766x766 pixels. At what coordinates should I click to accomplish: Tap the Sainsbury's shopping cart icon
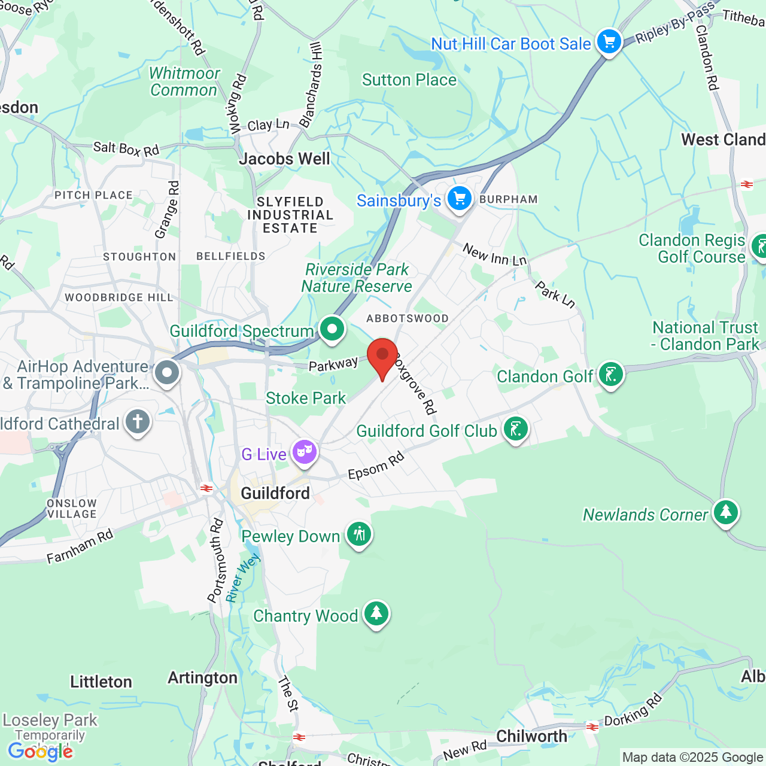point(460,199)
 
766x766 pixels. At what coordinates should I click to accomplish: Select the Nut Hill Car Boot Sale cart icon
point(609,42)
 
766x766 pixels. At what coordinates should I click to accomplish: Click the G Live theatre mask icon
point(305,452)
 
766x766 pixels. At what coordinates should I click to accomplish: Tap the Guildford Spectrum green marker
point(332,329)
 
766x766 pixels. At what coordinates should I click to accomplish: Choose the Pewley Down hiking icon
point(359,533)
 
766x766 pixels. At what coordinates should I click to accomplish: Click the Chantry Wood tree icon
point(376,613)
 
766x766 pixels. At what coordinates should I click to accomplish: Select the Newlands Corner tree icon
point(725,512)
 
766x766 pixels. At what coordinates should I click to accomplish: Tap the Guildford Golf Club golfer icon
point(515,429)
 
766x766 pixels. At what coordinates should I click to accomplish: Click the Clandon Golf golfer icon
point(610,375)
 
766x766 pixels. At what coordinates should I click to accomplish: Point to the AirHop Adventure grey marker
point(167,373)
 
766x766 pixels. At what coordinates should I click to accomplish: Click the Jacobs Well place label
point(284,159)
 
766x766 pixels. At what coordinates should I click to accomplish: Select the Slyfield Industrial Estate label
point(290,215)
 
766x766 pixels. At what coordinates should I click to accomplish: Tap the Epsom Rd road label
point(376,466)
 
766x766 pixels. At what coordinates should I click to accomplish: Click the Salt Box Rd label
point(126,148)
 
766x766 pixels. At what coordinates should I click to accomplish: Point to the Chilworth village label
point(531,736)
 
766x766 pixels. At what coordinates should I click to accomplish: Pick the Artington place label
point(202,677)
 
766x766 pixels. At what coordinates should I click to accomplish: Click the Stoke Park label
point(306,398)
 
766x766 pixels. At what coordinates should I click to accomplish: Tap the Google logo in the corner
point(40,751)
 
